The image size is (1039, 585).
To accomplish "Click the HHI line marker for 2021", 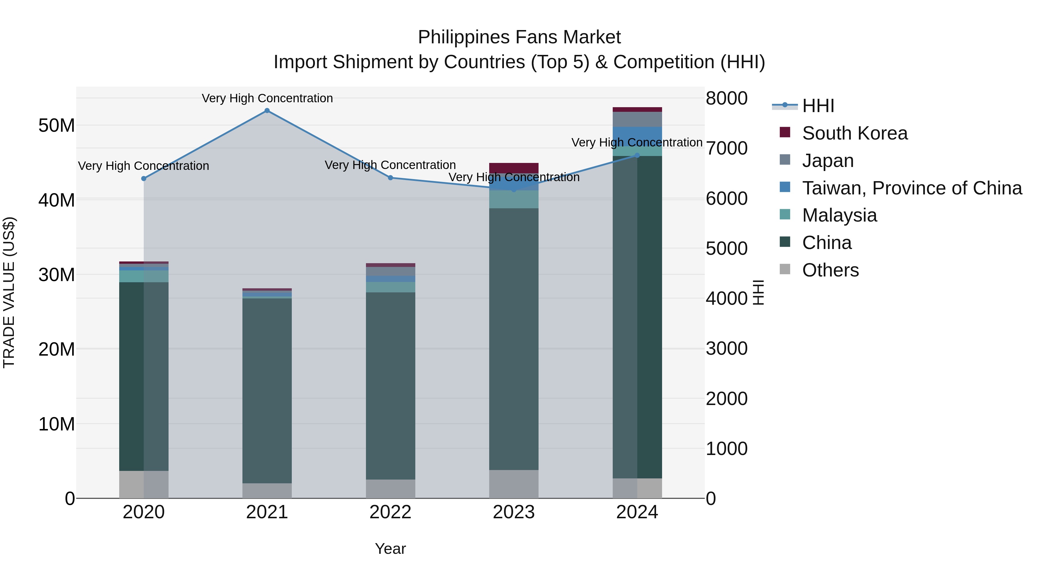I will pyautogui.click(x=267, y=111).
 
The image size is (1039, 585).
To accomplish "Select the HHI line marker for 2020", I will pyautogui.click(x=144, y=179).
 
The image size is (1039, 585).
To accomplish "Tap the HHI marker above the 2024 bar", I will pyautogui.click(x=637, y=155).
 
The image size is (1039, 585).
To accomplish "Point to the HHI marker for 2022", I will pyautogui.click(x=390, y=178).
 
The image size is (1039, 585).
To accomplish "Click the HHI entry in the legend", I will pyautogui.click(x=818, y=106).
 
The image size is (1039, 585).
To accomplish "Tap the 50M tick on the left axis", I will pyautogui.click(x=57, y=126).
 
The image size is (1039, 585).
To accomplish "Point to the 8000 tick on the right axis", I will pyautogui.click(x=726, y=98).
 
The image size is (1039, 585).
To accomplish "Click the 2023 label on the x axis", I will pyautogui.click(x=513, y=512).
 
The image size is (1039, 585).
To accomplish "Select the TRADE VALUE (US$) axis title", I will pyautogui.click(x=9, y=292).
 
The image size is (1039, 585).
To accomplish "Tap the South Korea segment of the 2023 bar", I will pyautogui.click(x=513, y=168).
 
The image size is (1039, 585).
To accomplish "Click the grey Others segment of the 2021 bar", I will pyautogui.click(x=267, y=491).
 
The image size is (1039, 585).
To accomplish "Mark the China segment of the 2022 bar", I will pyautogui.click(x=390, y=386).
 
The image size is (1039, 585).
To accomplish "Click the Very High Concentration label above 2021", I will pyautogui.click(x=267, y=98).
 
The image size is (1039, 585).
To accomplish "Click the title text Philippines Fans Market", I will pyautogui.click(x=519, y=37).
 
